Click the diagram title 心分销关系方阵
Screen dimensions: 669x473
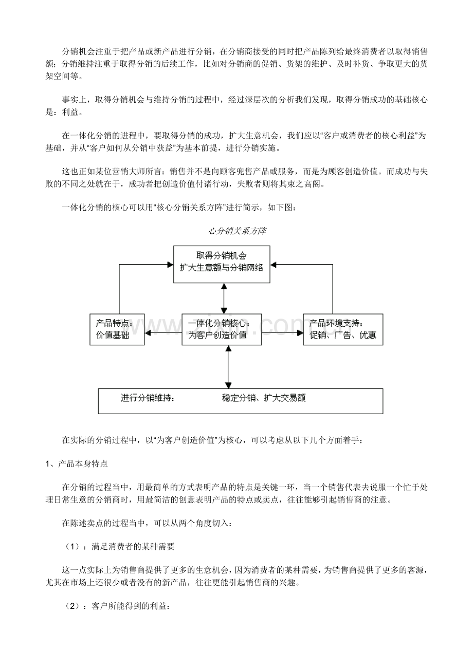(x=236, y=231)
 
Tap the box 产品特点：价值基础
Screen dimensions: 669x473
(x=117, y=329)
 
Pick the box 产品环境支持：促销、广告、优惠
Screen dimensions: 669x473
(x=342, y=329)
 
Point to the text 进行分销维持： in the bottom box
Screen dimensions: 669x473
(x=148, y=398)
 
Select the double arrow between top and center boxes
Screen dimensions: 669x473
(x=224, y=299)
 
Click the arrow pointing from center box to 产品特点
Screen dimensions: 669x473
(x=163, y=333)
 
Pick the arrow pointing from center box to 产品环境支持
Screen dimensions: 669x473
(x=282, y=333)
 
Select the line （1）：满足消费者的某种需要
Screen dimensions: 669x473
(x=118, y=547)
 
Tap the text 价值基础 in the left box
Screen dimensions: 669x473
(x=113, y=336)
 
